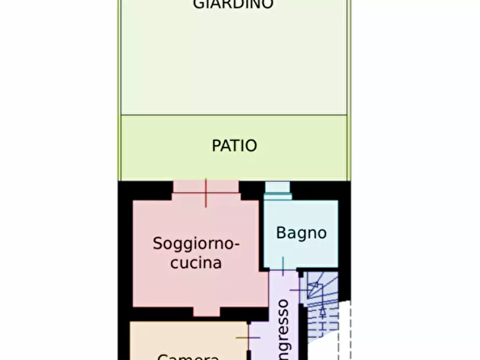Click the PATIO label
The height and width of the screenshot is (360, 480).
[x=234, y=146]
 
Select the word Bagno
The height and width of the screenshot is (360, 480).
[x=301, y=233]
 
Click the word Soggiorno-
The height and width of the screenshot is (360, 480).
[x=196, y=243]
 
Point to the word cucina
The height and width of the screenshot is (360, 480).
[x=196, y=263]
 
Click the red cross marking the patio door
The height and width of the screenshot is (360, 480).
[x=206, y=193]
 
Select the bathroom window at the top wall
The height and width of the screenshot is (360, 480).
[x=278, y=191]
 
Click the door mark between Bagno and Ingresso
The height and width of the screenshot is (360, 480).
[x=283, y=267]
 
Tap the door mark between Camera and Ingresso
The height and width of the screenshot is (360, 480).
[x=247, y=338]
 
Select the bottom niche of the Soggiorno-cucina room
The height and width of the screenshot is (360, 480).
[x=206, y=312]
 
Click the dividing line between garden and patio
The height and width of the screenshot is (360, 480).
[x=234, y=114]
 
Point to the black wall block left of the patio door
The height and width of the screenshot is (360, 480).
[x=145, y=190]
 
